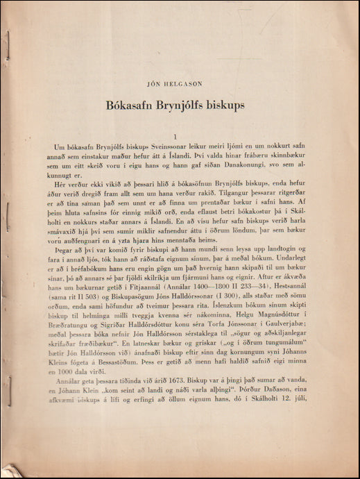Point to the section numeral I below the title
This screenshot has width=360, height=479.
coord(178,136)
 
